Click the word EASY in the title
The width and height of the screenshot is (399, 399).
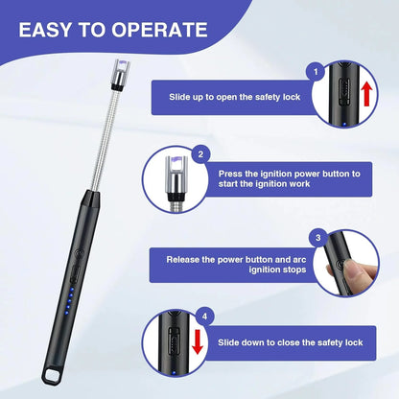point(50,29)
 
